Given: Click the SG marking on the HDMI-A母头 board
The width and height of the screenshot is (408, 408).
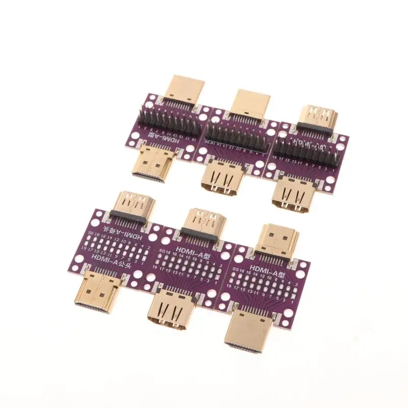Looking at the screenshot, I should pyautogui.click(x=91, y=233).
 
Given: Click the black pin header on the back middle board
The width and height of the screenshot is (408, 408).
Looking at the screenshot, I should pyautogui.click(x=235, y=137).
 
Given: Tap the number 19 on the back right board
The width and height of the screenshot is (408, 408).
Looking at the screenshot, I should pyautogui.click(x=275, y=159).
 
